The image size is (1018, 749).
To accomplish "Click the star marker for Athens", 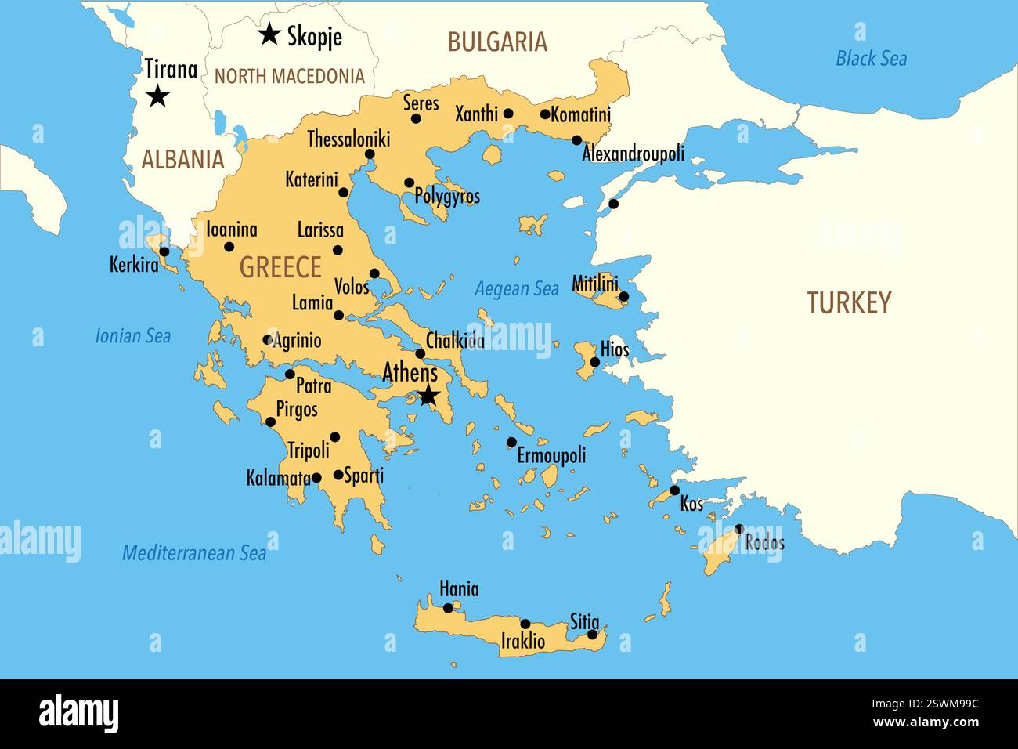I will pyautogui.click(x=428, y=396).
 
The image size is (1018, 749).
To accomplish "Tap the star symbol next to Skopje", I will pyautogui.click(x=269, y=34).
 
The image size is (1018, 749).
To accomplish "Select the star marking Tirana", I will pyautogui.click(x=158, y=96).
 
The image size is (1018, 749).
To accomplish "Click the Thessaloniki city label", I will pyautogui.click(x=348, y=139).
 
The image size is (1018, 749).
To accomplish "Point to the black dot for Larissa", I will pyautogui.click(x=338, y=250).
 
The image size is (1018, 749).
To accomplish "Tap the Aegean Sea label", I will pyautogui.click(x=517, y=289).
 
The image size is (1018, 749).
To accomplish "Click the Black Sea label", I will pyautogui.click(x=871, y=58).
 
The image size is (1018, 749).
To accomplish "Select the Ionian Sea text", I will pyautogui.click(x=133, y=336).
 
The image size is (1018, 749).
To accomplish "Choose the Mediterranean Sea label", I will pyautogui.click(x=194, y=553).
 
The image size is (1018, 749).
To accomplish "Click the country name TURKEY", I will pyautogui.click(x=849, y=302).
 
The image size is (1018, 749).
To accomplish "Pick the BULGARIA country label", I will pyautogui.click(x=497, y=42).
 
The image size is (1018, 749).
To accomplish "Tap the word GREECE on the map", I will pyautogui.click(x=280, y=267).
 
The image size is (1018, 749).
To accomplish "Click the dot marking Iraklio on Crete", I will pyautogui.click(x=525, y=624).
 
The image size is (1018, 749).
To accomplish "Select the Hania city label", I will pyautogui.click(x=459, y=589).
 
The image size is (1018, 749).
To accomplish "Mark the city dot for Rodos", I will pyautogui.click(x=739, y=529).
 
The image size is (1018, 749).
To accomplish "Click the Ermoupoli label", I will pyautogui.click(x=551, y=455).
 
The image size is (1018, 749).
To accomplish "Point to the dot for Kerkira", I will pyautogui.click(x=164, y=251).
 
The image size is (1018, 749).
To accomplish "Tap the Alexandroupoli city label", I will pyautogui.click(x=633, y=154).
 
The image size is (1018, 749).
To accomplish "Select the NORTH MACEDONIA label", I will pyautogui.click(x=290, y=76).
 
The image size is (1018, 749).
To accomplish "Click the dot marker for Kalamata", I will pyautogui.click(x=316, y=477).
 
